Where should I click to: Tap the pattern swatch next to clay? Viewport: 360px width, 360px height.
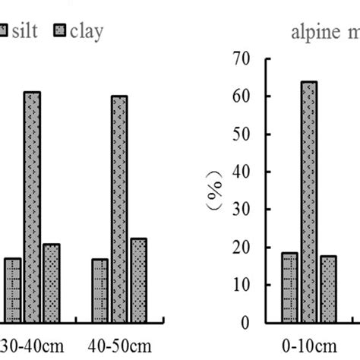pyautogui.click(x=60, y=30)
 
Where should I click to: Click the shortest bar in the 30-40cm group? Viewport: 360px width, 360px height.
pyautogui.click(x=13, y=289)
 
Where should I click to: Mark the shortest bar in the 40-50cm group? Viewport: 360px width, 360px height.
pyautogui.click(x=100, y=290)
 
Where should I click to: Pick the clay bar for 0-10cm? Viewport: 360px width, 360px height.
pyautogui.click(x=328, y=289)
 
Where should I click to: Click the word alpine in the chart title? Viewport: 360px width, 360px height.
pyautogui.click(x=313, y=32)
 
